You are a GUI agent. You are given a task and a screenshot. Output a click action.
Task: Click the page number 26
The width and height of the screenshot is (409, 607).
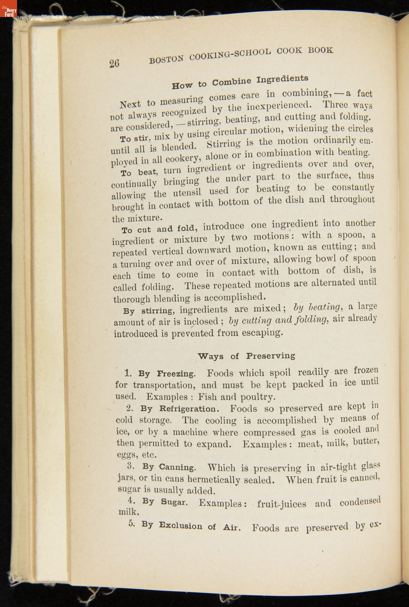pos(115,63)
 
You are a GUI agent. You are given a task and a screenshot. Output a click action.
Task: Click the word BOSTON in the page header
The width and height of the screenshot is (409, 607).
pos(167,59)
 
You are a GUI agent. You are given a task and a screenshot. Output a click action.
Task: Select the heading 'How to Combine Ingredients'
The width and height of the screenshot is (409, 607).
pos(240,81)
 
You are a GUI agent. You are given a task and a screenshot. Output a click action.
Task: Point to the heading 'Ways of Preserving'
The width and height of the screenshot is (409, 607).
pos(246,356)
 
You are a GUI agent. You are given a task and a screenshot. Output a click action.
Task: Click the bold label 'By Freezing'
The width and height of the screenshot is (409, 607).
pos(167,374)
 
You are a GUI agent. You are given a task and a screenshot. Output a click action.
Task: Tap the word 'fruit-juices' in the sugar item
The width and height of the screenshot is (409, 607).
pos(282,504)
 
